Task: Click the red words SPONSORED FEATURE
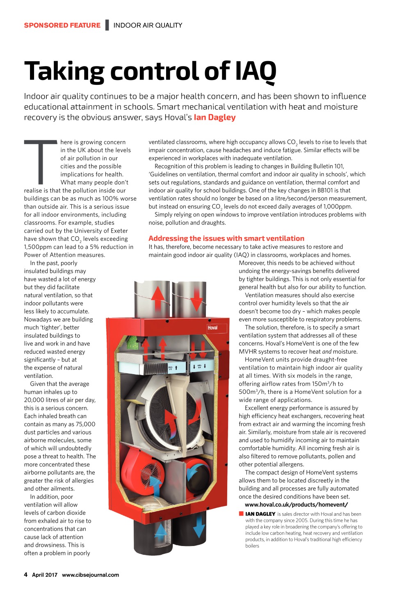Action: click(62, 25)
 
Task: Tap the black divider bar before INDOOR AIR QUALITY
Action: click(107, 25)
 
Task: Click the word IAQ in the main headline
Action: click(256, 72)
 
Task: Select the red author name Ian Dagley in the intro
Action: click(215, 117)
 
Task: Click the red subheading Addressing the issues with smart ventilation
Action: click(226, 238)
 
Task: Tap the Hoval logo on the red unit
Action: click(212, 327)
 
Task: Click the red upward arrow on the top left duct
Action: click(157, 296)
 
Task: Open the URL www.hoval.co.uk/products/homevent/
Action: click(296, 505)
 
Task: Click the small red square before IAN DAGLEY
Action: click(241, 514)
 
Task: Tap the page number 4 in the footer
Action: click(26, 575)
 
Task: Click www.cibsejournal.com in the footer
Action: click(90, 575)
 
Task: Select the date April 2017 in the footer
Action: click(45, 575)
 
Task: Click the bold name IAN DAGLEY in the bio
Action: click(260, 514)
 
